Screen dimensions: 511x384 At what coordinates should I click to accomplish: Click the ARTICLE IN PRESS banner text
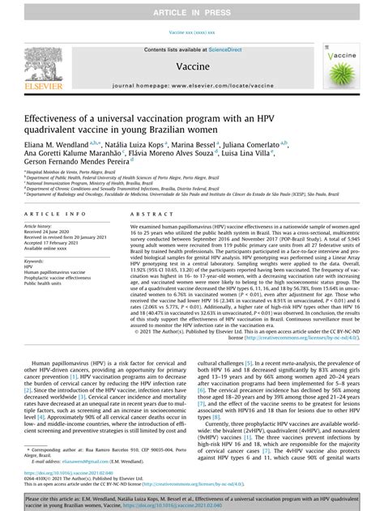tap(192, 10)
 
